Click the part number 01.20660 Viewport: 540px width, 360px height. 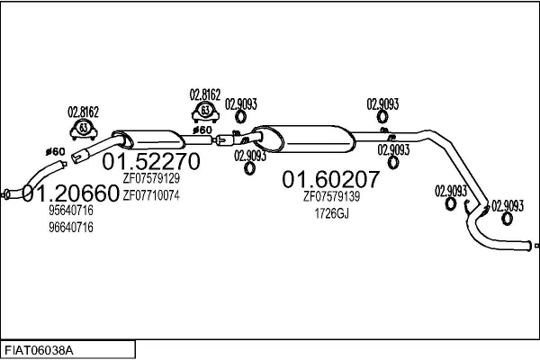click(70, 193)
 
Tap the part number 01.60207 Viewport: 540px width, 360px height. click(331, 179)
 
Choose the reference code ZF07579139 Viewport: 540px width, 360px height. click(331, 196)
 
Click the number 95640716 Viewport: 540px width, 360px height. click(71, 211)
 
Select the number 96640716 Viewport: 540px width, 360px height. click(71, 227)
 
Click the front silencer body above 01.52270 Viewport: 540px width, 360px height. click(153, 141)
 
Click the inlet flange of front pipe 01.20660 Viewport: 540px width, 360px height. click(8, 193)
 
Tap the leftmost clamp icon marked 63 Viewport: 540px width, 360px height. click(84, 128)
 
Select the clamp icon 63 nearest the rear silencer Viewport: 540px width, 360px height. click(205, 112)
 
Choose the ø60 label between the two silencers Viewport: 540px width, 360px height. click(202, 131)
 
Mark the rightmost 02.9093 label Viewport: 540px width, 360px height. click(508, 205)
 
